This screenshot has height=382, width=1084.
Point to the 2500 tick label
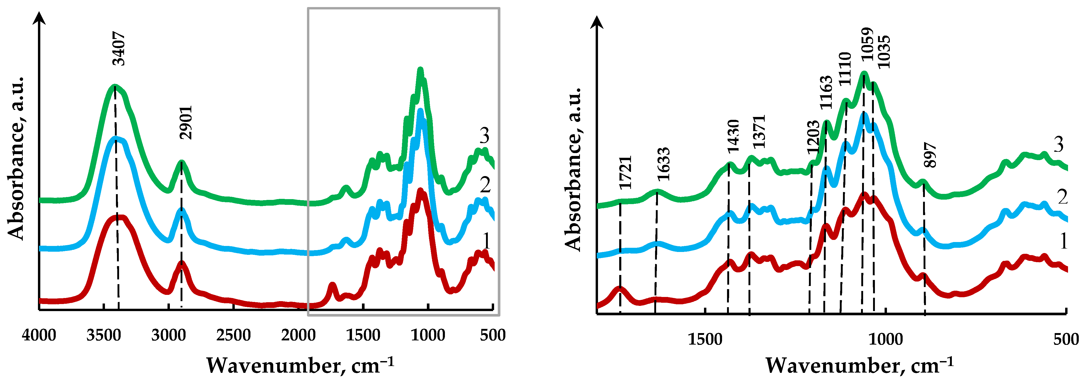pos(233,335)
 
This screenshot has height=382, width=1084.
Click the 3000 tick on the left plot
pos(168,335)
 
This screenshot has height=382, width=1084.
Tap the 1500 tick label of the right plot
pos(705,339)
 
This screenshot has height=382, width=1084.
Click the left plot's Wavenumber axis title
pos(300,365)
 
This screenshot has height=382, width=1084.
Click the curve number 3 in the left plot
pos(484,136)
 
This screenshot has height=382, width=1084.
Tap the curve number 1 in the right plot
pos(1063,241)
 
